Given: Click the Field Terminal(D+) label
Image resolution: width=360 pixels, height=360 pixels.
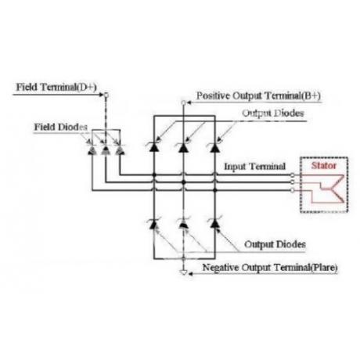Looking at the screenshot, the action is click(56, 87).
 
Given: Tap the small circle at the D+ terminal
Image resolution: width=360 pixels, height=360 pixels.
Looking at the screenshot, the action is click(106, 95).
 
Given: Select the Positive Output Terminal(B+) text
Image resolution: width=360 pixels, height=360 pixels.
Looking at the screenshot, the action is click(258, 96).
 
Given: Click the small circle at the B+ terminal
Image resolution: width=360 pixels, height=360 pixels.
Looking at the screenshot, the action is click(183, 103).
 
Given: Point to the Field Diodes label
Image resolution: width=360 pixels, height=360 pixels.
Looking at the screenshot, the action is click(61, 127).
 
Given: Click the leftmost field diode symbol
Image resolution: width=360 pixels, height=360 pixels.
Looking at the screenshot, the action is click(92, 150).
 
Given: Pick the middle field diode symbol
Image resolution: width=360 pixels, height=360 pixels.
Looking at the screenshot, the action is click(106, 149).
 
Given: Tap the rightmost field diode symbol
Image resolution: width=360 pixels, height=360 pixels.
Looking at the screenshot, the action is click(120, 150).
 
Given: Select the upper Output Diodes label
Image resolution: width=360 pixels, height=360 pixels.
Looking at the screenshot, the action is click(273, 113).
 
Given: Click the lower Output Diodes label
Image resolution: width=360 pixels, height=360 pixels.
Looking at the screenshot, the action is click(275, 244).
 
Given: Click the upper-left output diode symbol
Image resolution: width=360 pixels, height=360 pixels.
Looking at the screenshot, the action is click(153, 147).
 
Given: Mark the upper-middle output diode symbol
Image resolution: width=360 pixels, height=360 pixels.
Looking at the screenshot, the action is click(183, 147).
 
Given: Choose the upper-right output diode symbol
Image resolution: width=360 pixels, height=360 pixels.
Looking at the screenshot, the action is click(214, 147).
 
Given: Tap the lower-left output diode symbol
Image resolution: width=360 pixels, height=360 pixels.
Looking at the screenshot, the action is click(153, 224).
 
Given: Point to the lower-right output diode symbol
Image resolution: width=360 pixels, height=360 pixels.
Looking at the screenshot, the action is click(214, 223).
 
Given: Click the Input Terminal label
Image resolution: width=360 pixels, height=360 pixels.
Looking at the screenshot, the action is click(255, 167).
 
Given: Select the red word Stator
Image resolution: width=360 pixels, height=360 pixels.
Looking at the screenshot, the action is click(324, 165).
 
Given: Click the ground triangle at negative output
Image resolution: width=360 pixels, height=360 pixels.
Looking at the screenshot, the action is click(184, 272).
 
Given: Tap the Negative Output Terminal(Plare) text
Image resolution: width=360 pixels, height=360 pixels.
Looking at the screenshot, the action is click(270, 268).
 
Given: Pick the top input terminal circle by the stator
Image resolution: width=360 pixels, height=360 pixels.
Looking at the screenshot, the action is click(293, 175).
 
